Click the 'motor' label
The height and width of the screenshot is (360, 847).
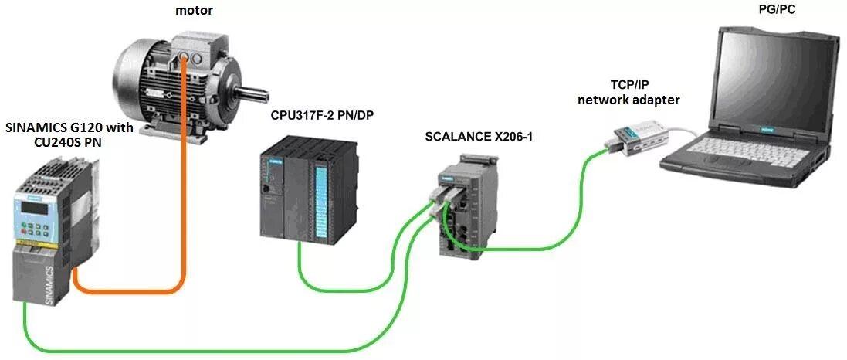coord(194,11)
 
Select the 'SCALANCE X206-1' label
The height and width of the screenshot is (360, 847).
coord(479,137)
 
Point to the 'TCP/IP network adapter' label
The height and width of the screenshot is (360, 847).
coord(629,93)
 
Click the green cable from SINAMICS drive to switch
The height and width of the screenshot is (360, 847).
coord(193,345)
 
